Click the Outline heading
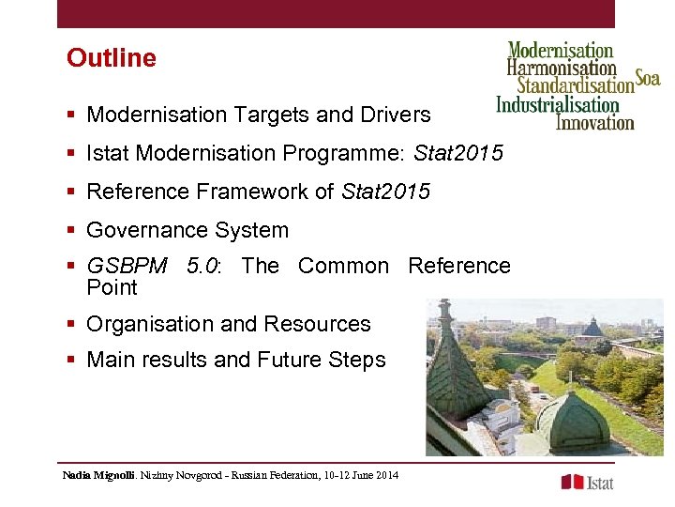111,58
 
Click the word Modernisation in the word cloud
560,51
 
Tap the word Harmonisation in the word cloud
561,69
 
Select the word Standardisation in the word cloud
576,86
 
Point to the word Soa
648,78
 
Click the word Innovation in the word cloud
594,121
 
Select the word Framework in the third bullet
245,192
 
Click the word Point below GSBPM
112,287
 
